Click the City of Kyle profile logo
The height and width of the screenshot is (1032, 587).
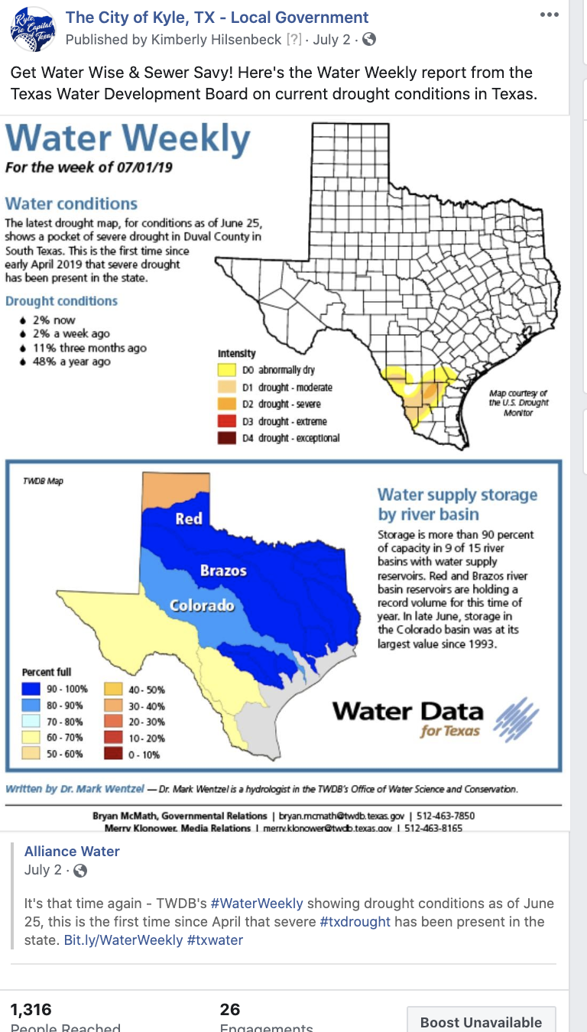click(x=32, y=28)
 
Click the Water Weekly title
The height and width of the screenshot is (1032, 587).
click(x=128, y=139)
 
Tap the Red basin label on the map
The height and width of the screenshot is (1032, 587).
click(x=189, y=518)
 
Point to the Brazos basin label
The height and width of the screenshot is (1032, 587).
click(x=223, y=570)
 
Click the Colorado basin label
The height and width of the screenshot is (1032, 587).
click(x=201, y=606)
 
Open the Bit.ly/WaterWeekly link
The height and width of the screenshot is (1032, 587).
click(x=123, y=940)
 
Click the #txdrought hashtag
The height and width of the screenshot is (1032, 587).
click(x=355, y=922)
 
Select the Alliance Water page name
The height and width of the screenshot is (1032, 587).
click(x=72, y=852)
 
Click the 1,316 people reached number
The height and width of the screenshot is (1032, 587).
click(x=31, y=1010)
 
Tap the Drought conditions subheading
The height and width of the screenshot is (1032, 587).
click(x=61, y=301)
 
